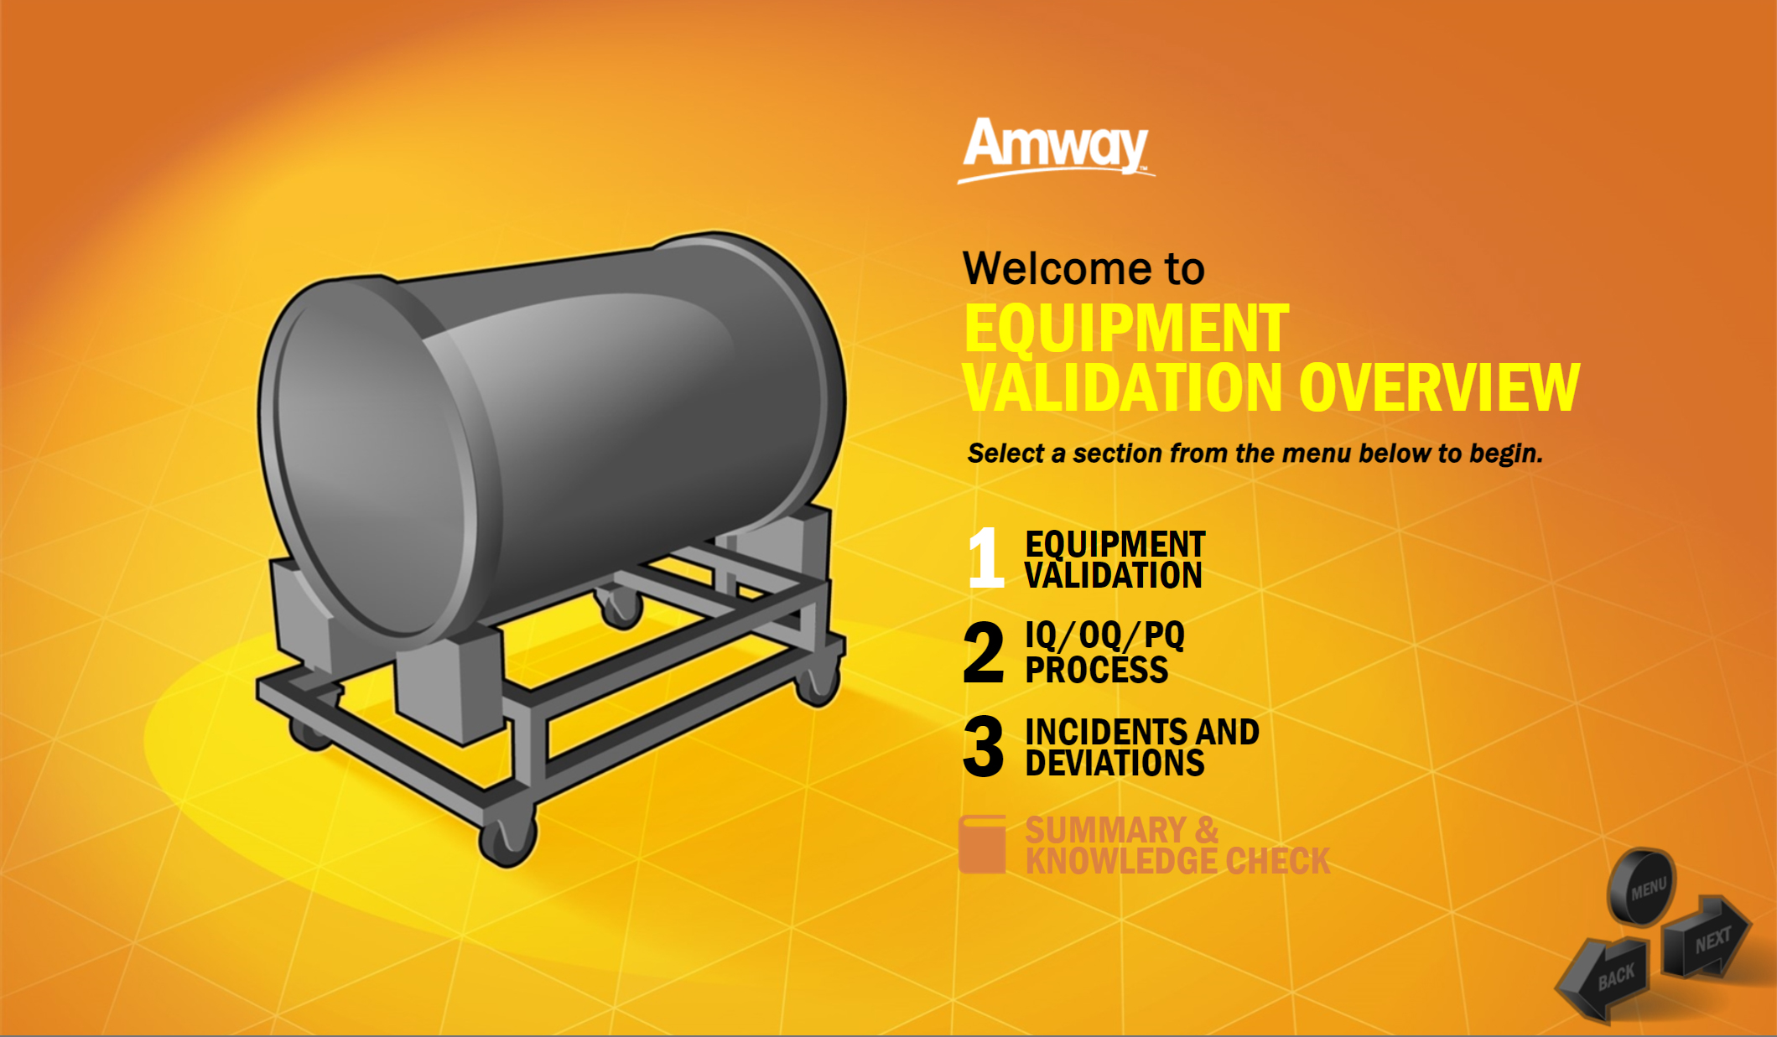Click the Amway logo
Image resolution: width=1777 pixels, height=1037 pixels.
[1056, 149]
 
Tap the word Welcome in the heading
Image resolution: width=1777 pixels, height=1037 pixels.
[1058, 268]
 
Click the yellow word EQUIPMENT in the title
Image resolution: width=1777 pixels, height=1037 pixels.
[1126, 329]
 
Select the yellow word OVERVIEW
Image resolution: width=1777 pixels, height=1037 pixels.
[1439, 387]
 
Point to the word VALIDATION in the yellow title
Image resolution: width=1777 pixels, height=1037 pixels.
[1124, 387]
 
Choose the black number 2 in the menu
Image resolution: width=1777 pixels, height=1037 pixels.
[984, 652]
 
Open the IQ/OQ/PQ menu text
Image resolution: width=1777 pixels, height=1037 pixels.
[1104, 635]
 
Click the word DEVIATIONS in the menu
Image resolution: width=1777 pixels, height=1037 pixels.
[1115, 763]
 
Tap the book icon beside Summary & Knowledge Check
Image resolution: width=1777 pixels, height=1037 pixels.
[982, 844]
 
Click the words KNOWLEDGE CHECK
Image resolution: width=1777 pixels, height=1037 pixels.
[1177, 861]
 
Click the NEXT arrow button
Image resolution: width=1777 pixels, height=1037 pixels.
[1707, 936]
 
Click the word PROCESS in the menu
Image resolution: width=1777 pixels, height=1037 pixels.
[1096, 670]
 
